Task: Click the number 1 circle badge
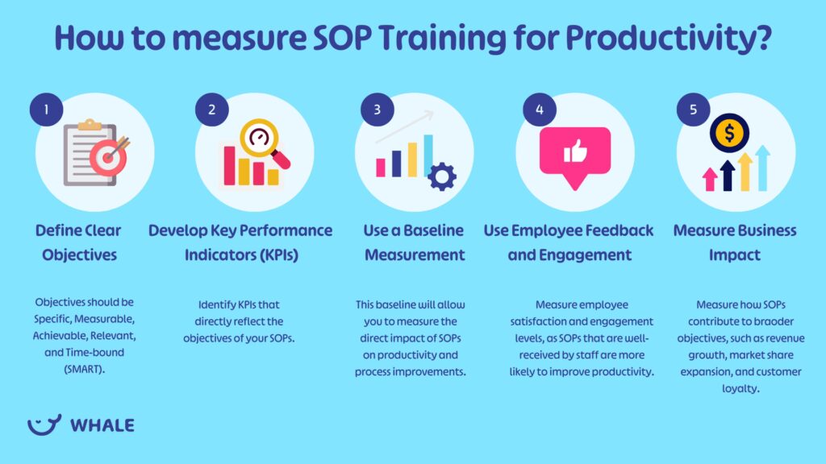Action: (x=46, y=110)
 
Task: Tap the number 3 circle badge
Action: (x=378, y=110)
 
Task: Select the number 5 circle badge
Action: (x=693, y=110)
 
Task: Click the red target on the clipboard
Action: (x=109, y=156)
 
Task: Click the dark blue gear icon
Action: (x=442, y=176)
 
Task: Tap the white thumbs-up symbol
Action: (x=575, y=151)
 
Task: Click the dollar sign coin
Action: (x=729, y=133)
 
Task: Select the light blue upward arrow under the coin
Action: (x=762, y=168)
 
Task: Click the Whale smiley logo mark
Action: (x=44, y=425)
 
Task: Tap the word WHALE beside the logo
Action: (x=102, y=425)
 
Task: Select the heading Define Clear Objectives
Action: (x=78, y=242)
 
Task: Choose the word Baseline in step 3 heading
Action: (x=433, y=230)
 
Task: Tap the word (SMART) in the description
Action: (x=84, y=369)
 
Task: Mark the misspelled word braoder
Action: (x=776, y=321)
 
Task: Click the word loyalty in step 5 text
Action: (x=740, y=389)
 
